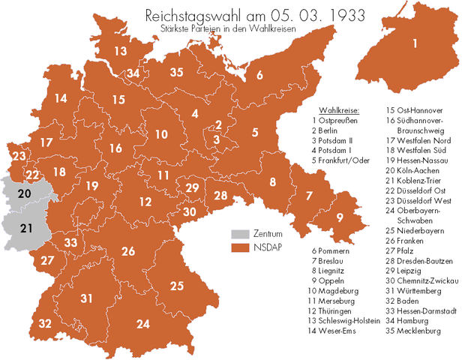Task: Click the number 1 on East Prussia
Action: pos(414,42)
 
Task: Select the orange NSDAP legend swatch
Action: pos(239,247)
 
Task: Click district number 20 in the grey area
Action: pos(24,193)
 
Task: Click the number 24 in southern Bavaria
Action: pos(142,324)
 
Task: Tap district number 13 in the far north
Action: pos(121,51)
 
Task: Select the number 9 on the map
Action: pos(340,218)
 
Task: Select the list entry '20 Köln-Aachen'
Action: pos(418,170)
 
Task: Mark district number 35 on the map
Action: pos(177,73)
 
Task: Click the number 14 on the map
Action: pos(61,98)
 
